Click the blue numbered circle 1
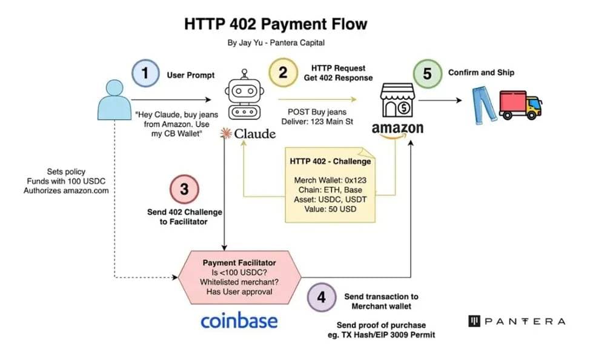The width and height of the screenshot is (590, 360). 145,75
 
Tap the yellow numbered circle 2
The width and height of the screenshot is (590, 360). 282,73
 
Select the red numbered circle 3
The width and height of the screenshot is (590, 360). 184,189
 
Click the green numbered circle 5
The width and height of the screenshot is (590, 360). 427,74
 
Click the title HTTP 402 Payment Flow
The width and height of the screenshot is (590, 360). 276,24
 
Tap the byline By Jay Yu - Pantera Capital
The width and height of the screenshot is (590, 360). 275,43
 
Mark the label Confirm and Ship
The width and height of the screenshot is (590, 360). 481,73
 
